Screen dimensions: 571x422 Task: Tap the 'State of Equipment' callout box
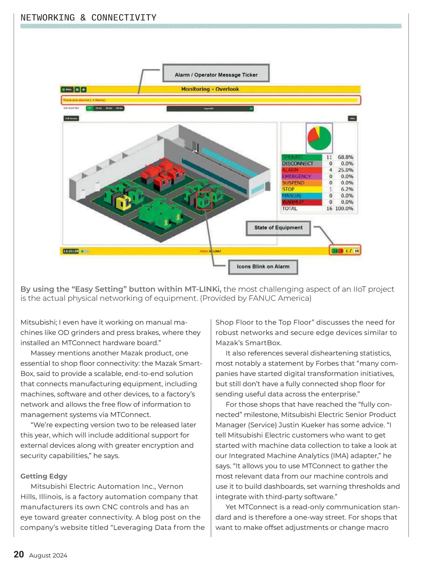pyautogui.click(x=278, y=228)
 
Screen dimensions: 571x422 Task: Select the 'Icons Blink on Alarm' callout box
pyautogui.click(x=263, y=267)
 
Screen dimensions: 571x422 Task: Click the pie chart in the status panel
pyautogui.click(x=319, y=138)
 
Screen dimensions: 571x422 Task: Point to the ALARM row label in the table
pyautogui.click(x=290, y=170)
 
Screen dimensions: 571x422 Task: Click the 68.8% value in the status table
pyautogui.click(x=345, y=157)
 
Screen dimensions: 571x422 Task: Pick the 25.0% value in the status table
pyautogui.click(x=345, y=170)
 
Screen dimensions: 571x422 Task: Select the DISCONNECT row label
pyautogui.click(x=298, y=164)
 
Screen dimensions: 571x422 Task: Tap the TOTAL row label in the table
pyautogui.click(x=290, y=208)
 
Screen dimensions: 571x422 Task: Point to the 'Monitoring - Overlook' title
pyautogui.click(x=210, y=89)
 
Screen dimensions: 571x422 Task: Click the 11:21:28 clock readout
pyautogui.click(x=71, y=251)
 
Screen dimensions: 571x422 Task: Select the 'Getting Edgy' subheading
pyautogui.click(x=44, y=476)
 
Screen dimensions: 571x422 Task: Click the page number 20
pyautogui.click(x=19, y=554)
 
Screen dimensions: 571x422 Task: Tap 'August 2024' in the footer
pyautogui.click(x=48, y=556)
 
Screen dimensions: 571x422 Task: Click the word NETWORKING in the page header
pyautogui.click(x=48, y=18)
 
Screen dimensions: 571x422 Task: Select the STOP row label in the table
pyautogui.click(x=288, y=189)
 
